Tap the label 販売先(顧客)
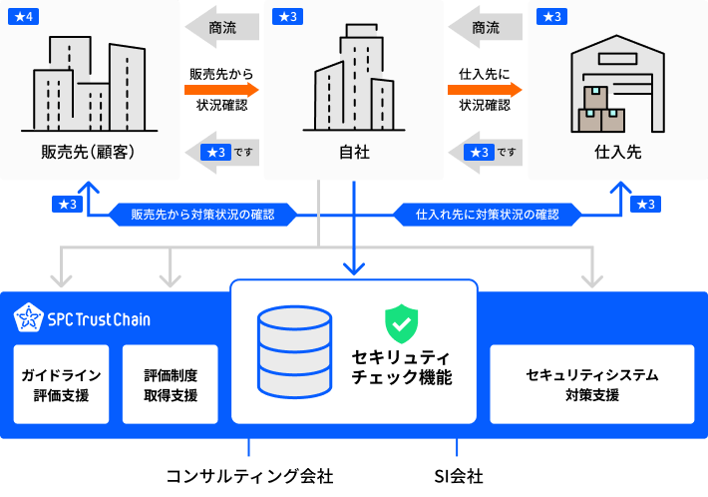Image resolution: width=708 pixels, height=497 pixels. point(88,153)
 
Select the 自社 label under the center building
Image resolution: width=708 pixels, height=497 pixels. point(353,153)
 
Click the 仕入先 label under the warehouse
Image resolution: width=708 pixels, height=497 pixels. point(617,153)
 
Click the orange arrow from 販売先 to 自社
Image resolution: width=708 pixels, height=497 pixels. point(221,90)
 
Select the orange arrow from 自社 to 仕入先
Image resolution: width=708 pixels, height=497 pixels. point(485,90)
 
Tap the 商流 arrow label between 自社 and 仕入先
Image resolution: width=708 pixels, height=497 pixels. point(486,27)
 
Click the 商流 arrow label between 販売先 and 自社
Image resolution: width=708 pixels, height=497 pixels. point(222,27)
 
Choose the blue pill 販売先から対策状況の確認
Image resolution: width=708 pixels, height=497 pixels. point(202,214)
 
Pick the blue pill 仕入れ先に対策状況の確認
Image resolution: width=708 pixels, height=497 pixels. point(487,214)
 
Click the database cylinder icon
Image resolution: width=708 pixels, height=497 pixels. point(294,351)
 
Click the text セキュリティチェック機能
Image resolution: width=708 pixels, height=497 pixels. point(401,367)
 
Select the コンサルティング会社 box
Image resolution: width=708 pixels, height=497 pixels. point(249,476)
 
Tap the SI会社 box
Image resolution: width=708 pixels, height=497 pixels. point(459,476)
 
